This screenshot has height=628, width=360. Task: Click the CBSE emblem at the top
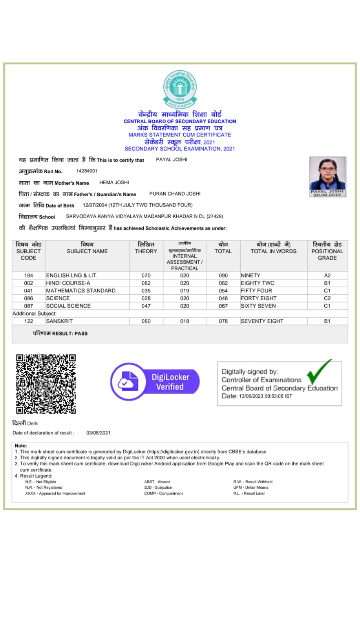180,89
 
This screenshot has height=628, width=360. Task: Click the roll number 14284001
87,171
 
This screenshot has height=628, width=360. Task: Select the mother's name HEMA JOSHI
114,183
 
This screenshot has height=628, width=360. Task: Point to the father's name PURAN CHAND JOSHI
175,194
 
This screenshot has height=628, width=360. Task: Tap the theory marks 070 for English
146,276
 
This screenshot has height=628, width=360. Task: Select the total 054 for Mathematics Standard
223,291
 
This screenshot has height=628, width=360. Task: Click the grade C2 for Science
327,298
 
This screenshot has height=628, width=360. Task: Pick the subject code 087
29,306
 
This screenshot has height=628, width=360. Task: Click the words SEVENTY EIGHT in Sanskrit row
262,321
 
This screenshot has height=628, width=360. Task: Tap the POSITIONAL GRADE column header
327,251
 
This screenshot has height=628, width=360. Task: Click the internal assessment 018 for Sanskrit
185,321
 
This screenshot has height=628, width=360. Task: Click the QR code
46,384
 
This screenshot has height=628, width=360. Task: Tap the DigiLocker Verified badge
155,382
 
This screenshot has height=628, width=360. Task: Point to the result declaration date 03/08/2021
98,433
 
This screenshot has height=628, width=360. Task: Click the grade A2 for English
327,276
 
